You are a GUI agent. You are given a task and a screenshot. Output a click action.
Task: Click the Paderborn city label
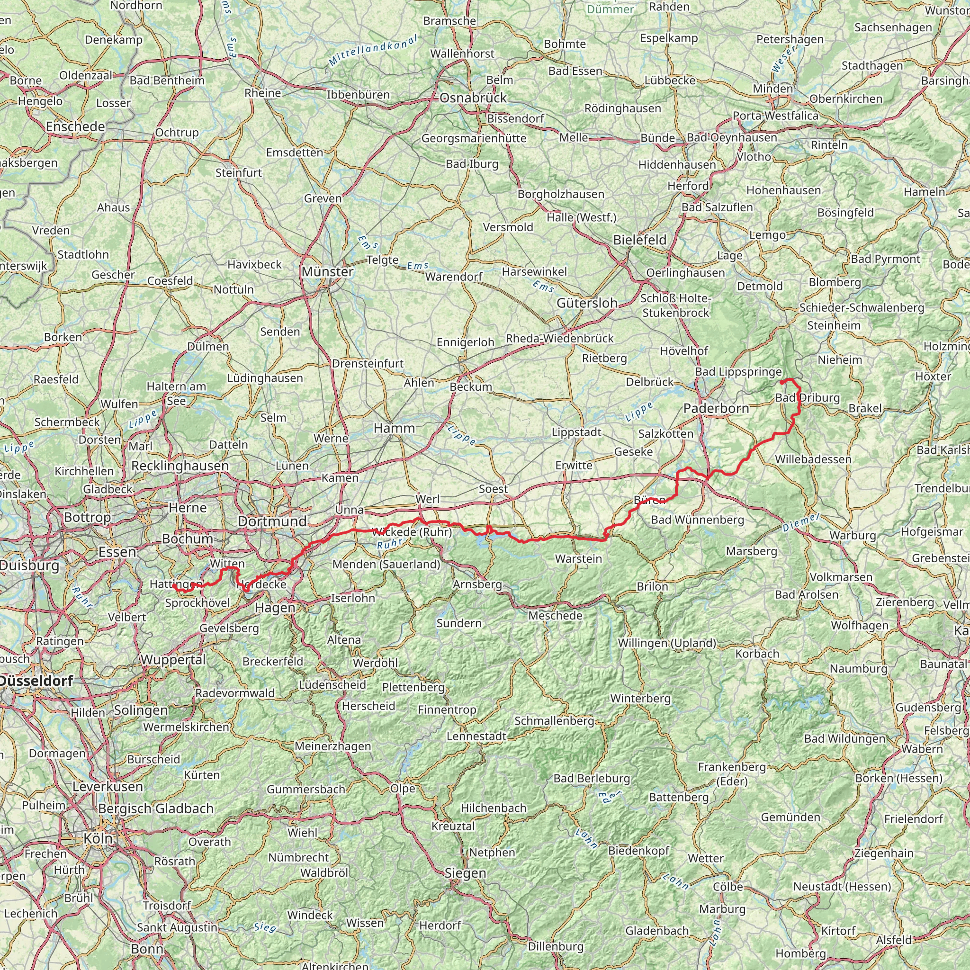(x=716, y=408)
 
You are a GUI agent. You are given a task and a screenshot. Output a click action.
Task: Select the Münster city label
(x=327, y=271)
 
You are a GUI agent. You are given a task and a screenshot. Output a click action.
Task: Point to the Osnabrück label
(x=473, y=98)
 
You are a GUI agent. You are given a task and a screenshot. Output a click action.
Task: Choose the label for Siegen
(x=465, y=873)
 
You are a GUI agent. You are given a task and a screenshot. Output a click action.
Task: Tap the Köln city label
(x=98, y=838)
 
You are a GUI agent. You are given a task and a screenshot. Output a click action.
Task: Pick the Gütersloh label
(x=587, y=303)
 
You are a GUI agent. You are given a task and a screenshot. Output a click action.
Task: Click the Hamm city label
(x=394, y=428)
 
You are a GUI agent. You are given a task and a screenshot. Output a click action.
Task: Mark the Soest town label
(x=493, y=489)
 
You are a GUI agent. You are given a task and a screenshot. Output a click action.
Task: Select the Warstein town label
(x=578, y=558)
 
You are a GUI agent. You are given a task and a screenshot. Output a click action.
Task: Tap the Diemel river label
(x=801, y=523)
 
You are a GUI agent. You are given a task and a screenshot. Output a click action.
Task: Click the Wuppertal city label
(x=173, y=659)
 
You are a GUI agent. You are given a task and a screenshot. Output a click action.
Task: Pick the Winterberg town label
(x=640, y=699)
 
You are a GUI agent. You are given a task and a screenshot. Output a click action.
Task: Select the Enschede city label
(x=75, y=126)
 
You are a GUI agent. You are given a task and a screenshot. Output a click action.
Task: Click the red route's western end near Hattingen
(x=174, y=585)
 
